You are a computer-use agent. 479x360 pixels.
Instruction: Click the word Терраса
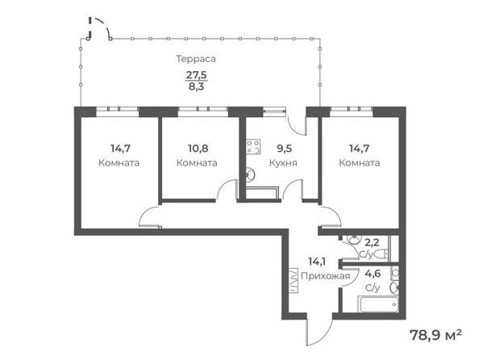click(x=196, y=59)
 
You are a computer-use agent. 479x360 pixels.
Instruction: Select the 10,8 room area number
click(x=196, y=149)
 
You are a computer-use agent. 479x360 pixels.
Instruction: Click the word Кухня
click(x=284, y=162)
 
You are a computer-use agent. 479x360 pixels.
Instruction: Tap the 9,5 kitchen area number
click(x=284, y=149)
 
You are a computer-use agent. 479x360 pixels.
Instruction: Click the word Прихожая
click(x=325, y=275)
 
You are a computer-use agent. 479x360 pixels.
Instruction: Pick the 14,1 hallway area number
click(x=318, y=262)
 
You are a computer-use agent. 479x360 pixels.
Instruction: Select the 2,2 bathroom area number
click(x=372, y=241)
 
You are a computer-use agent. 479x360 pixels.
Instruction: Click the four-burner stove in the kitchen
click(x=253, y=147)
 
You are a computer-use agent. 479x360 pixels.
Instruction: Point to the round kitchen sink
click(x=250, y=173)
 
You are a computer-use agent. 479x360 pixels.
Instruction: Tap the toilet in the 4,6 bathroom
click(x=394, y=287)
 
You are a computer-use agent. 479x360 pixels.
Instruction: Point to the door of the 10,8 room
click(x=223, y=192)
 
